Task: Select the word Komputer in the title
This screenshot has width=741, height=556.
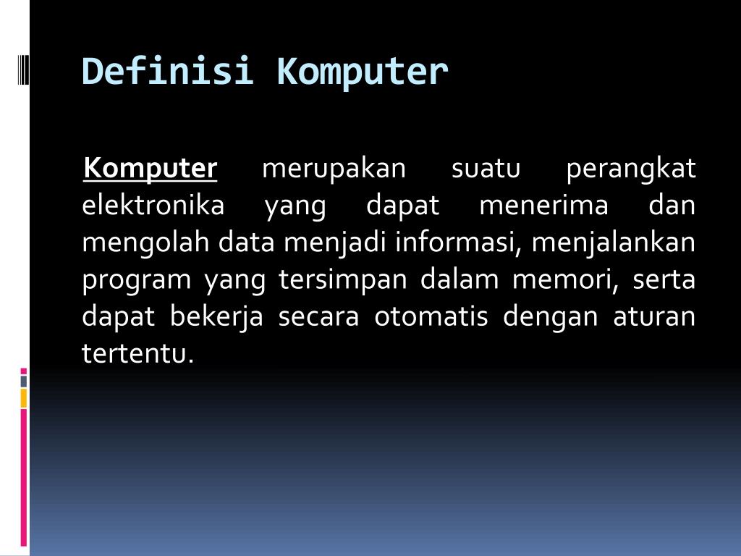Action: [x=362, y=72]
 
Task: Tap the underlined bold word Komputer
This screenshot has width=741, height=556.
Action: [x=151, y=169]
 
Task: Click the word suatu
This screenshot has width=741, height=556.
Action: [x=486, y=169]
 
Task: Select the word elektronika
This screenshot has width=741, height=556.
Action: [x=153, y=206]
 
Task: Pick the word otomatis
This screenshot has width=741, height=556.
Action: [x=431, y=318]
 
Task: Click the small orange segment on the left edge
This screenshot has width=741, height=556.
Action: [x=23, y=397]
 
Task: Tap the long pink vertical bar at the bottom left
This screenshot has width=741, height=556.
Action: [x=23, y=477]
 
